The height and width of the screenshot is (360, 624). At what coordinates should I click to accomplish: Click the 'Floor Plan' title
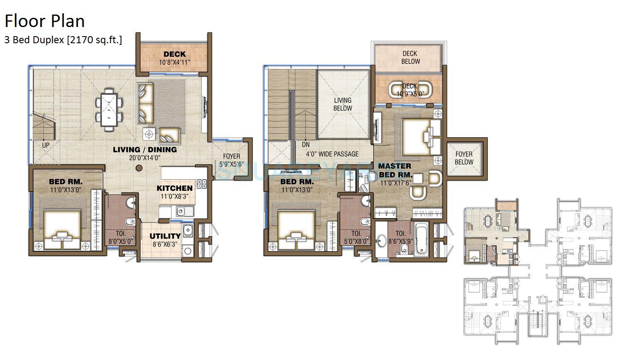pos(45,21)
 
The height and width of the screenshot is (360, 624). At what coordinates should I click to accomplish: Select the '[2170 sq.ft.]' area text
pos(94,40)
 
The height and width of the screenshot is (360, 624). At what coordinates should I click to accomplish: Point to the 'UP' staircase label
pos(46,145)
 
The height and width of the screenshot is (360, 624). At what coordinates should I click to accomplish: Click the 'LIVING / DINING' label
pos(145,150)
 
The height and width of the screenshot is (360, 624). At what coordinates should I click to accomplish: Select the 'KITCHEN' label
pos(174,188)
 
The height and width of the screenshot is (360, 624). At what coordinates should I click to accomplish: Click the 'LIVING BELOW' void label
pos(343,104)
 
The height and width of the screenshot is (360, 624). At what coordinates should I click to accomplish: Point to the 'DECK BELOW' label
pos(410,57)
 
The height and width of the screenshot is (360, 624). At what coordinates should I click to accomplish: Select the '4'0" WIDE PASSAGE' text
pos(332,154)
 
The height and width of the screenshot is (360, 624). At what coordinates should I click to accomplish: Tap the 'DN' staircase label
pos(306,145)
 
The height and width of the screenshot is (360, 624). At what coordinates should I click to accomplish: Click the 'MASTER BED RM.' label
pos(395,170)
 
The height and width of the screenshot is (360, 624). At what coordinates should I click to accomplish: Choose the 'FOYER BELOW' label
pos(464,158)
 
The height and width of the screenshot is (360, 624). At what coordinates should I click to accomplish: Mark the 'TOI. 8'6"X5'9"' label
pos(400,237)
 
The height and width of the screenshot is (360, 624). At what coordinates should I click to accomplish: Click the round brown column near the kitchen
pos(139,168)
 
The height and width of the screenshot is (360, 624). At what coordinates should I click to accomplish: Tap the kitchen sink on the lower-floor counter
pos(181,212)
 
